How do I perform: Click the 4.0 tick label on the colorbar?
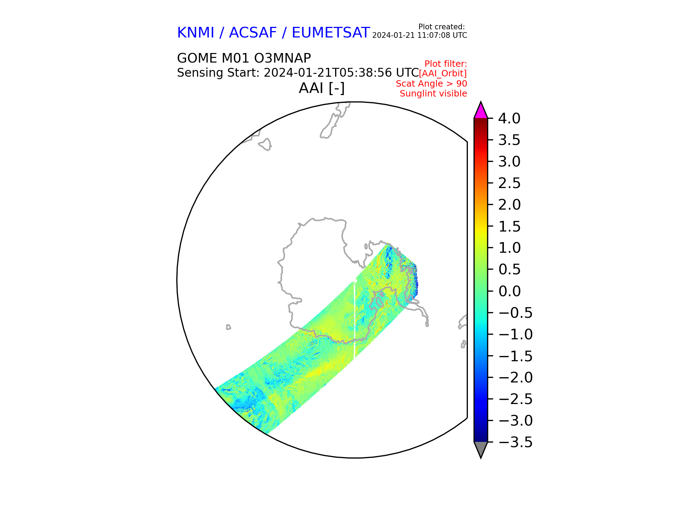(509, 118)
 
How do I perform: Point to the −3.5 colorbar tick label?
(516, 442)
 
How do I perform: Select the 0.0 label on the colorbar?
(510, 291)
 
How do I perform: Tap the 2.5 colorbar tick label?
(510, 183)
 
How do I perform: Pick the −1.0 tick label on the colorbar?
(516, 334)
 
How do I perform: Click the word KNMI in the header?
(196, 33)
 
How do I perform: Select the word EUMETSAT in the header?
(331, 33)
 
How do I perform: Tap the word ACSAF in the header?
(253, 33)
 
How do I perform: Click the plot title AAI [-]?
(322, 88)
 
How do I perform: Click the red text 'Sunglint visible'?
(433, 94)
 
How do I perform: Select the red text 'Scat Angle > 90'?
(432, 84)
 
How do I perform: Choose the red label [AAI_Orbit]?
(443, 74)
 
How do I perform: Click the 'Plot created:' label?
(441, 27)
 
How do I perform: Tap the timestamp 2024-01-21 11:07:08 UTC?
(420, 35)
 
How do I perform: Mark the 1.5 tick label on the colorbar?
(510, 227)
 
